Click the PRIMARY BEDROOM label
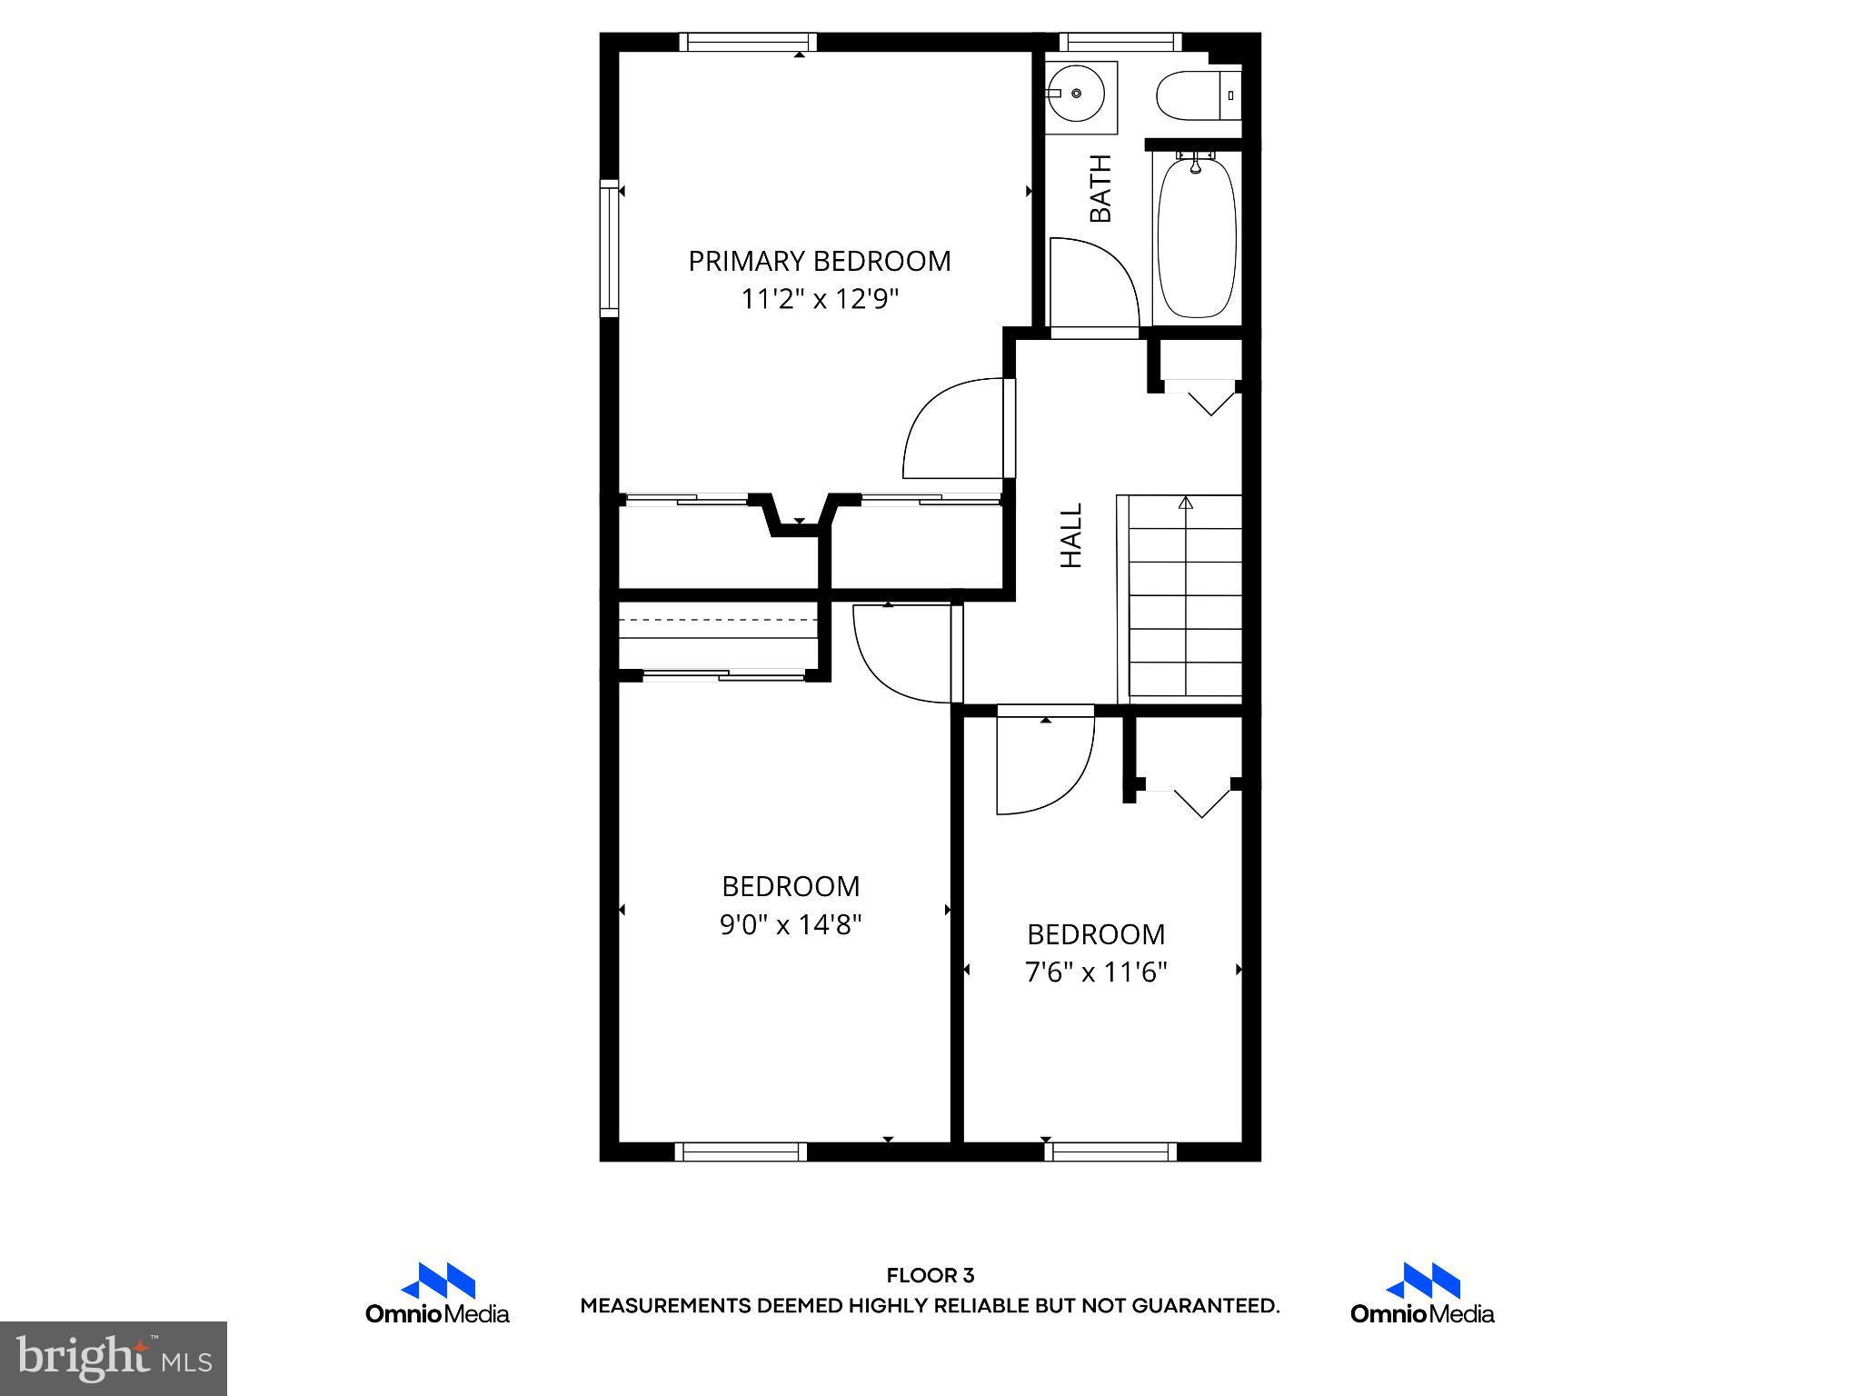(x=819, y=262)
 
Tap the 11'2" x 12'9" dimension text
(x=819, y=299)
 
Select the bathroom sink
(x=1079, y=95)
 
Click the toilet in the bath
(x=1195, y=95)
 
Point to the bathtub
(x=1197, y=236)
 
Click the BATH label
(x=1100, y=189)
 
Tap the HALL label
(x=1072, y=536)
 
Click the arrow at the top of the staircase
(x=1185, y=502)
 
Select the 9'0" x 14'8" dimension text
(x=791, y=925)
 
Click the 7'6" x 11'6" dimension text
(x=1095, y=973)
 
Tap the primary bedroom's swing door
(x=954, y=429)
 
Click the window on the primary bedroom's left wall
(x=609, y=248)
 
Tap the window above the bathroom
(x=1120, y=41)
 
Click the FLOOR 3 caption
(x=930, y=1276)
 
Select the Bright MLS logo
(x=114, y=1358)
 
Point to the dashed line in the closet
(x=718, y=619)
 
